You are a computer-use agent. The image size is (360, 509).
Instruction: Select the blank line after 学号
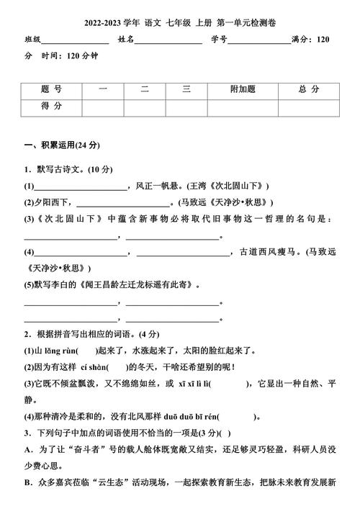[258, 41]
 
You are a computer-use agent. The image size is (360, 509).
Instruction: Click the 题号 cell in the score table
[52, 89]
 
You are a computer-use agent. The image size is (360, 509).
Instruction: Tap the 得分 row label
[52, 106]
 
